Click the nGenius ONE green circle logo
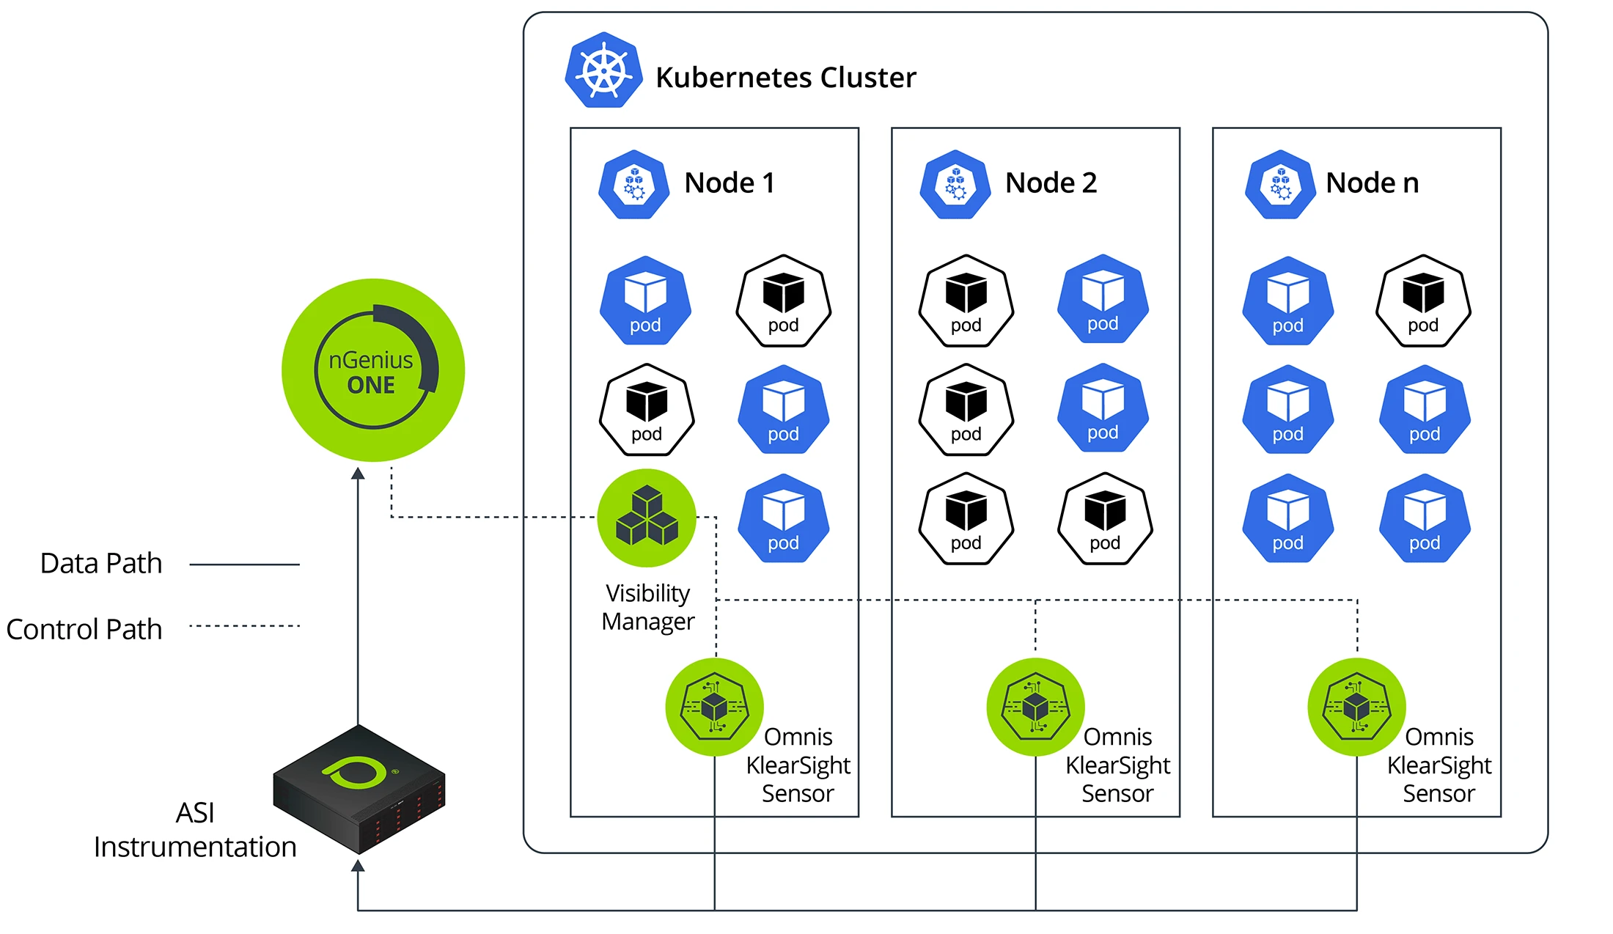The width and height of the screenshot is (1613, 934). (372, 369)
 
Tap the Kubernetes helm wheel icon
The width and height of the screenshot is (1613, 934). (603, 71)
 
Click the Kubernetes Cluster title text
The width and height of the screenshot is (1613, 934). (785, 78)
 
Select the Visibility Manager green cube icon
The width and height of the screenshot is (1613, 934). (646, 518)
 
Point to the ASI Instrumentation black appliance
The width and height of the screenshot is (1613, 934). (359, 789)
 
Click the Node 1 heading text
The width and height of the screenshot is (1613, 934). (730, 183)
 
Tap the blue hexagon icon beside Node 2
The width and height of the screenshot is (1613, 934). (955, 184)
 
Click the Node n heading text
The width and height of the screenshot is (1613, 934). (1372, 183)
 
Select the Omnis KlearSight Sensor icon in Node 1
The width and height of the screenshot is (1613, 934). (714, 707)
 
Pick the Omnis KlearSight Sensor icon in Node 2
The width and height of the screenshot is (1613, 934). (1035, 707)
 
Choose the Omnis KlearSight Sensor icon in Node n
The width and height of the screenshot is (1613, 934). (1356, 707)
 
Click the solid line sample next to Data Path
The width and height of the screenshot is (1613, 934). (244, 565)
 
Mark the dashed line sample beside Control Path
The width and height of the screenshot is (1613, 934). (244, 626)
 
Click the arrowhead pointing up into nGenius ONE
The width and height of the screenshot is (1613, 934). (358, 474)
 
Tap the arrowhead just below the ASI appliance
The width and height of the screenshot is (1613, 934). (358, 866)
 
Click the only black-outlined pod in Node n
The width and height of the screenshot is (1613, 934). (1423, 301)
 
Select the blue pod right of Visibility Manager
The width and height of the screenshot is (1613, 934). (783, 518)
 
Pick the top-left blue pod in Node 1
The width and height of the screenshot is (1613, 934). (645, 301)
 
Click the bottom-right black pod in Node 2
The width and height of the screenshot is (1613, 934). (1105, 518)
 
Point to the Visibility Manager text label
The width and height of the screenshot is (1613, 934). (647, 607)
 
